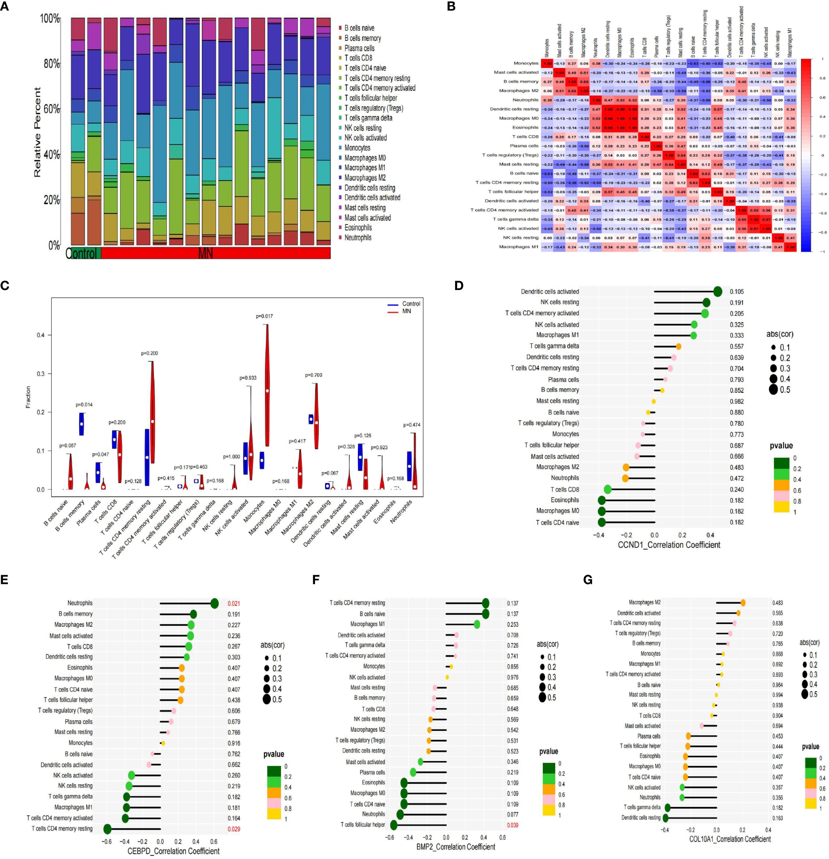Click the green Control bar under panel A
coord(83,253)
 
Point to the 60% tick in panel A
coord(52,109)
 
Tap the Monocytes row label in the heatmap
coord(526,63)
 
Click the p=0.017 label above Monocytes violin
coord(264,316)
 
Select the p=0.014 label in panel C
coord(84,405)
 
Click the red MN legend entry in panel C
coord(406,311)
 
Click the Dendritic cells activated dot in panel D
coord(717,291)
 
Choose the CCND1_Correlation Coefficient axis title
coord(669,545)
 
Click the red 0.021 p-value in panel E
coord(234,603)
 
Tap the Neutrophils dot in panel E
coord(214,603)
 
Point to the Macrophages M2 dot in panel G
coord(743,603)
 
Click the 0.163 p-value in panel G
coord(778,818)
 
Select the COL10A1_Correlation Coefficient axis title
coord(730,839)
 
